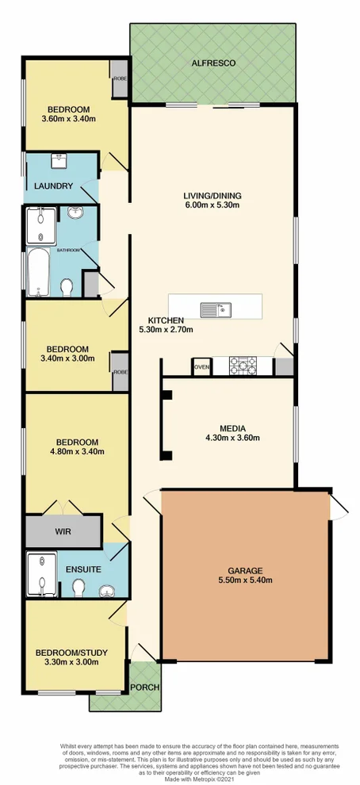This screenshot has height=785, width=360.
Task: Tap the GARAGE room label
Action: [x=245, y=570]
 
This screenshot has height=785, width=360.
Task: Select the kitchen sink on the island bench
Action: [x=214, y=309]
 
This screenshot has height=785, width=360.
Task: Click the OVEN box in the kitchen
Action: [x=201, y=366]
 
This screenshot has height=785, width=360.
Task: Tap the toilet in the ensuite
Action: [x=79, y=587]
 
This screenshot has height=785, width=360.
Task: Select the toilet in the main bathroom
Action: [x=68, y=285]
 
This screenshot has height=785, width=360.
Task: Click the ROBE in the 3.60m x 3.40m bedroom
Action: [x=121, y=79]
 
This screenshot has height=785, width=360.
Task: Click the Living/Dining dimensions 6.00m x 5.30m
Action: [x=212, y=205]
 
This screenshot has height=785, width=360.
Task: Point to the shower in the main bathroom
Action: [x=41, y=225]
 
